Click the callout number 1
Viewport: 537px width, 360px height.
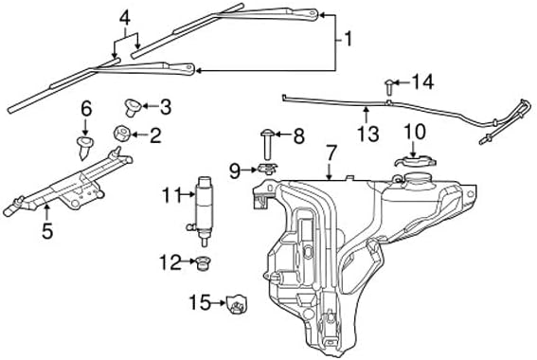tap(349, 40)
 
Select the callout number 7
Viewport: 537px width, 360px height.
tap(331, 153)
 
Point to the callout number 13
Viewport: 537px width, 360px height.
tap(368, 134)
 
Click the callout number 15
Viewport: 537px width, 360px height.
tap(200, 302)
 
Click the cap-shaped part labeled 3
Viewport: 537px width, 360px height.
tap(133, 108)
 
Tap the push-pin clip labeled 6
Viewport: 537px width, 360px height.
tap(84, 147)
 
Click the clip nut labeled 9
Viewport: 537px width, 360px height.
tap(267, 169)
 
